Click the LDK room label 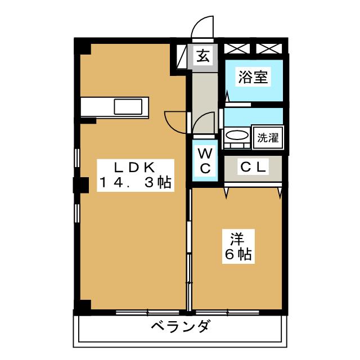(x=135, y=168)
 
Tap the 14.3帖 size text (x=135, y=182)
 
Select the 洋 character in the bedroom (x=237, y=238)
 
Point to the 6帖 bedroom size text (x=238, y=254)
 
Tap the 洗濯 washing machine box (x=268, y=137)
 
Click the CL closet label (x=253, y=167)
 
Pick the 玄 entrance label (x=203, y=56)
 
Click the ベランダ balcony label (x=181, y=326)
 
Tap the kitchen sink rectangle (x=128, y=106)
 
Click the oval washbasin (x=237, y=135)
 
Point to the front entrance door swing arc (x=202, y=27)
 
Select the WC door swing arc (x=204, y=123)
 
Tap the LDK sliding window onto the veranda (x=147, y=312)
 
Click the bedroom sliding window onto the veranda (x=227, y=312)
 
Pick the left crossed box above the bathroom (x=237, y=49)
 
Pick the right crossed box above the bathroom (x=269, y=49)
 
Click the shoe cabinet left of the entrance (x=182, y=56)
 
